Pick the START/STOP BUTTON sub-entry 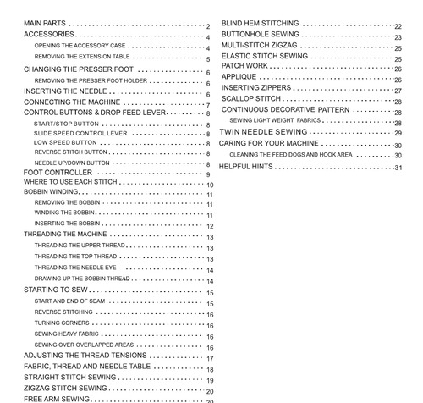[67, 124]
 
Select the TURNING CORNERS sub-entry [59, 323]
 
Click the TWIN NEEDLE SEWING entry [263, 133]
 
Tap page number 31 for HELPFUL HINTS [398, 168]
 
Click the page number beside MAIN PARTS [207, 26]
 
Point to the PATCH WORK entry [244, 65]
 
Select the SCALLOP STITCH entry [251, 99]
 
